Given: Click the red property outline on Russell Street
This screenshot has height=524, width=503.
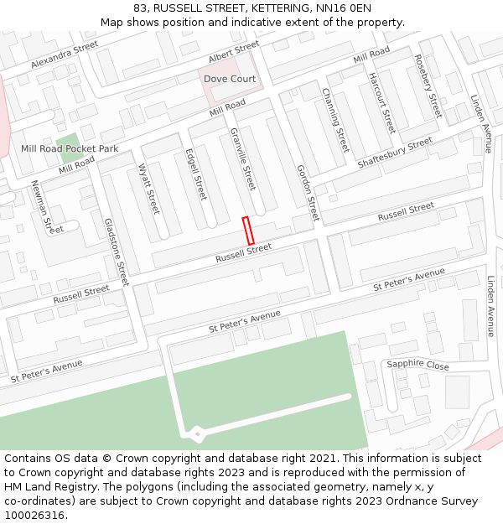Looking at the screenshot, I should [x=248, y=231].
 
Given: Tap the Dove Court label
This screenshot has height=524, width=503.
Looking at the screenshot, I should [x=230, y=79].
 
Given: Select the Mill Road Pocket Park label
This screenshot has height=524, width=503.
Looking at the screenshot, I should [x=70, y=148].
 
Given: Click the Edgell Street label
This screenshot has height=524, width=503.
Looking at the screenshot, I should [x=195, y=174].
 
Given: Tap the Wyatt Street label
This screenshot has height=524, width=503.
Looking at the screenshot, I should [x=148, y=189].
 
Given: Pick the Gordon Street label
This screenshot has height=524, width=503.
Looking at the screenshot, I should [x=308, y=192].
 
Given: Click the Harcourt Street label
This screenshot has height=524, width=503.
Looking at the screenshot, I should [x=381, y=102].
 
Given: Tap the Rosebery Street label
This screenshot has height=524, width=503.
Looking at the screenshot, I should [x=428, y=86].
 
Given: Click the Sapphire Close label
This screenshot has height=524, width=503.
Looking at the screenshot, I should [x=417, y=365].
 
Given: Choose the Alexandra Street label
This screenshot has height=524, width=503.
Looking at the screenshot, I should [x=65, y=55].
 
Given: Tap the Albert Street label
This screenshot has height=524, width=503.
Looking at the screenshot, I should [x=234, y=51].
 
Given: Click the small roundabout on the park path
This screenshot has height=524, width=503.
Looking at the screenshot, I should [x=196, y=433].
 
